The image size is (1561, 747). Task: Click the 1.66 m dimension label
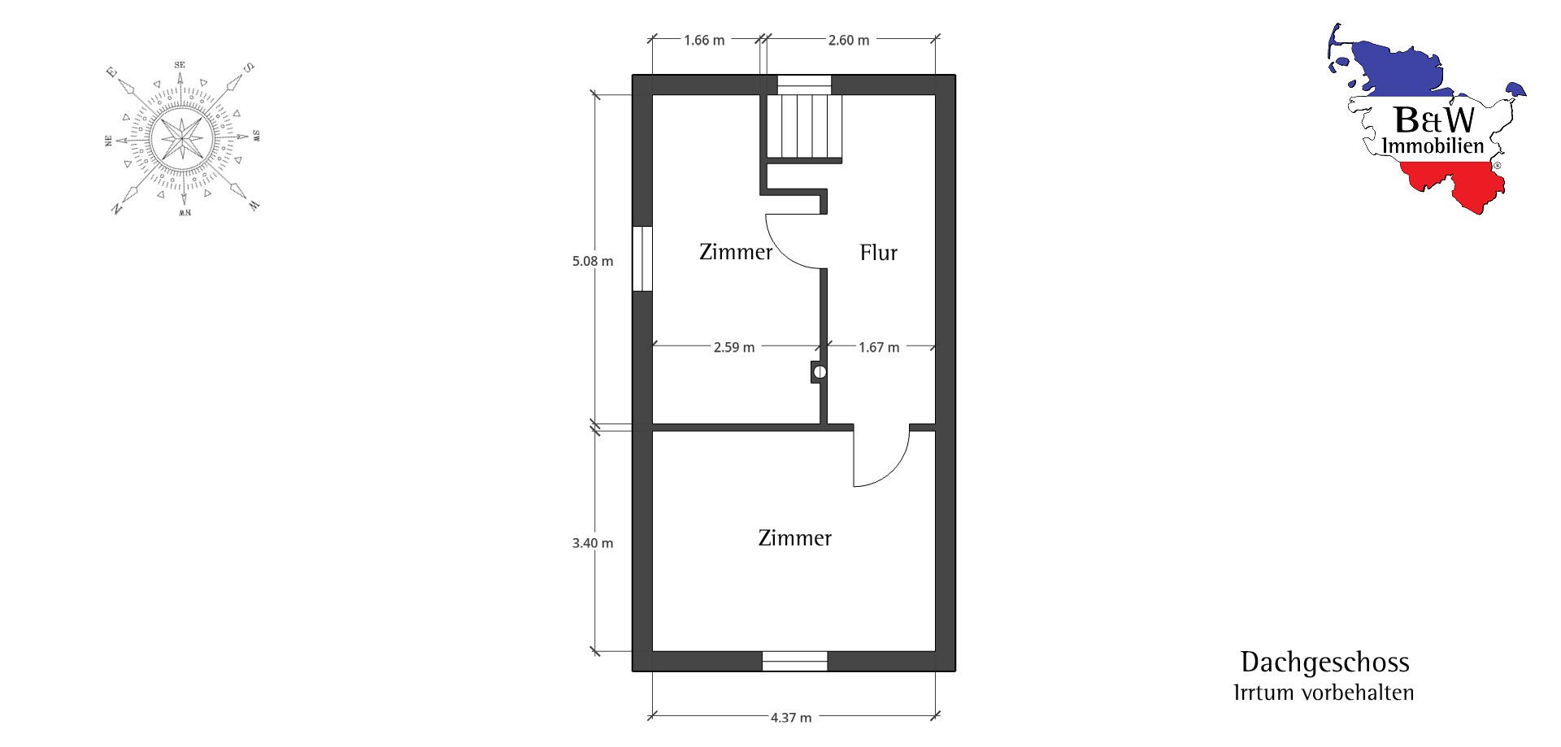tap(704, 41)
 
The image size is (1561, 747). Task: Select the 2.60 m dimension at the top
tap(849, 41)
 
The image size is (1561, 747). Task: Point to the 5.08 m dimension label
tap(593, 262)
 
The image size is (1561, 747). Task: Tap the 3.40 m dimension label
tap(593, 544)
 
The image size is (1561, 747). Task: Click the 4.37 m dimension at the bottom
tap(791, 718)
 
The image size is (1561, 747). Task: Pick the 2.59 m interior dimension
tap(734, 348)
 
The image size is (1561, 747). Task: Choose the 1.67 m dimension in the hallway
tap(879, 348)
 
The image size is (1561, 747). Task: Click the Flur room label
tap(879, 253)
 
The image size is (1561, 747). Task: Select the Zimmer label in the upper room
tap(736, 252)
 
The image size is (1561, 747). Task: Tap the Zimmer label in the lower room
tap(795, 538)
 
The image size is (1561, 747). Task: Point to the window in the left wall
tap(642, 258)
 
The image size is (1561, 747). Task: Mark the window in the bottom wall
tap(794, 662)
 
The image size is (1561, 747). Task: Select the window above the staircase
tap(804, 85)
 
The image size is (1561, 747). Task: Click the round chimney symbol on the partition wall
tap(820, 372)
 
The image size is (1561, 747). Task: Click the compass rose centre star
tap(183, 138)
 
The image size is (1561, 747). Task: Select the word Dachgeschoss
tap(1324, 662)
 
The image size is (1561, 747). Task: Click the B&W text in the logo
tap(1434, 120)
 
